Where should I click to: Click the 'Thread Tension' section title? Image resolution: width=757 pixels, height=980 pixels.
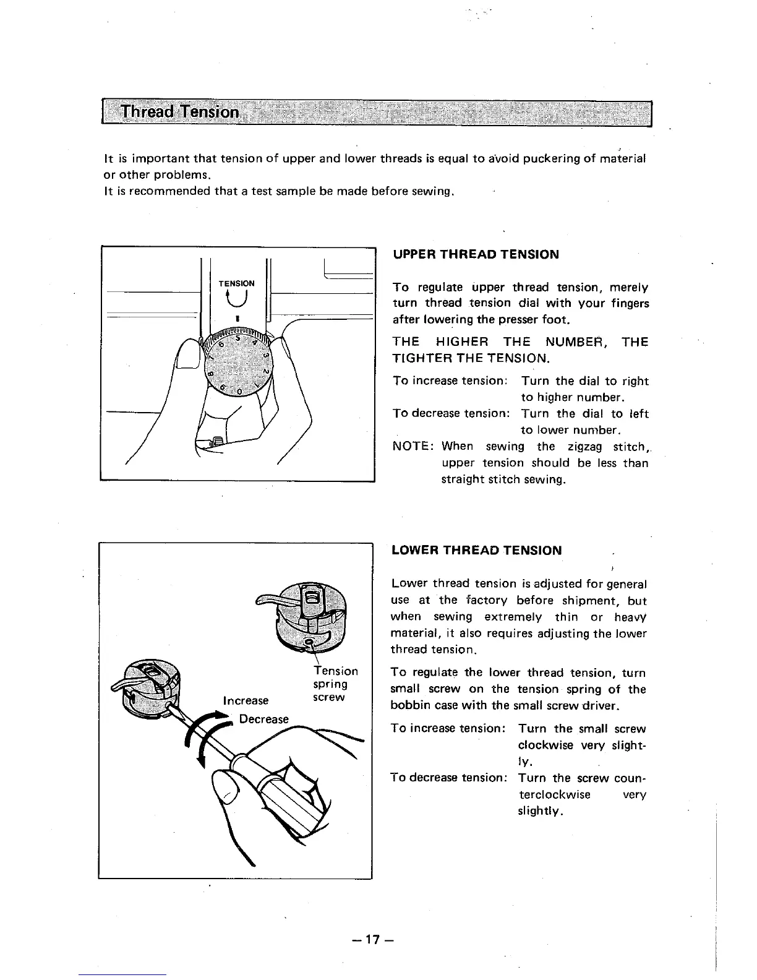179,112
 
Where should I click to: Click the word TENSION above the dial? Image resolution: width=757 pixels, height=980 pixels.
236,283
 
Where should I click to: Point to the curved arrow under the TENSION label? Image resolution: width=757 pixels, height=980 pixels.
236,299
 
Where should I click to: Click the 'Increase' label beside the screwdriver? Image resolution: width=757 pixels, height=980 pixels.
246,700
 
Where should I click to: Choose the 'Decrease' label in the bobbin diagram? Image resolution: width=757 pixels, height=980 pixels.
264,719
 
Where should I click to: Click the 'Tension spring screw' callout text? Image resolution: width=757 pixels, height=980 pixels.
334,684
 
